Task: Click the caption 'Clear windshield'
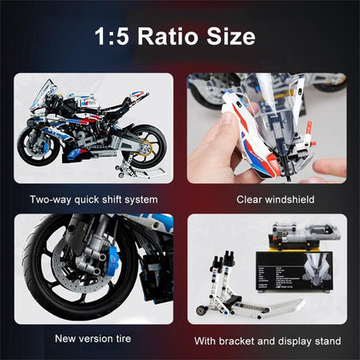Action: click(266, 200)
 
